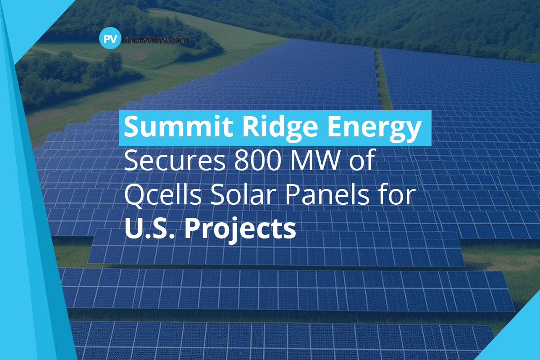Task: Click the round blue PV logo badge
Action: click(108, 39)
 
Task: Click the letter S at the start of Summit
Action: click(132, 128)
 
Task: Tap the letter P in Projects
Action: click(194, 229)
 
